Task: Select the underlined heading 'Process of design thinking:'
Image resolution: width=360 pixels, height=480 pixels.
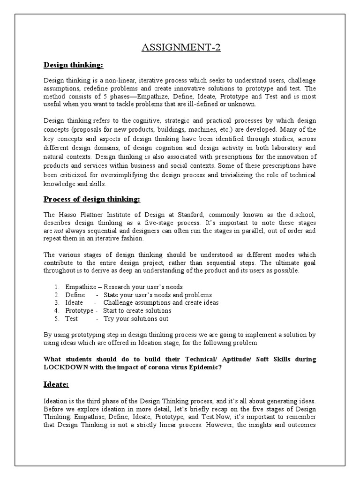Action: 92,199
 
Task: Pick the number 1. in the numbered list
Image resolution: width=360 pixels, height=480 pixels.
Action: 56,287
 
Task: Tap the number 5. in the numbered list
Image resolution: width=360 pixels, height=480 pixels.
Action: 56,319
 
